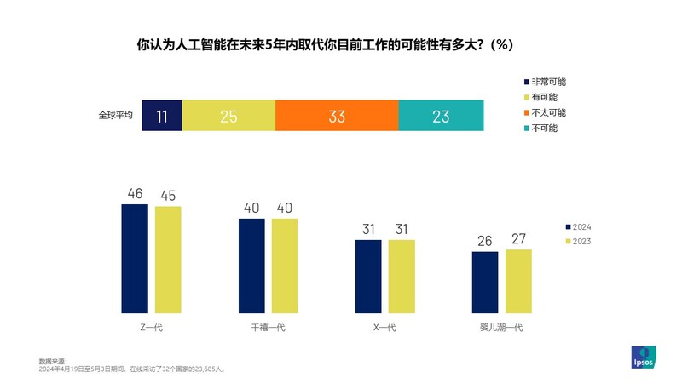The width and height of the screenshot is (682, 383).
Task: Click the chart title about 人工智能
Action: tap(325, 44)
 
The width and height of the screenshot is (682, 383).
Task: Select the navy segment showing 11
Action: tap(162, 116)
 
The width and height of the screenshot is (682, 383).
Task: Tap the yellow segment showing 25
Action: tap(228, 116)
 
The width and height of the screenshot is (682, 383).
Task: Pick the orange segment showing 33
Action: tap(337, 116)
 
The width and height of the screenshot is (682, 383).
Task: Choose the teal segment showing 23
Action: tap(441, 116)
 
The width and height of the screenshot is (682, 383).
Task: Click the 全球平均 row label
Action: tap(115, 116)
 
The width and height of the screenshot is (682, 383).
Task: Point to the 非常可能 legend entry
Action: tap(548, 82)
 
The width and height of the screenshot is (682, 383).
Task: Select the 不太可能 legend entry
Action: tap(548, 112)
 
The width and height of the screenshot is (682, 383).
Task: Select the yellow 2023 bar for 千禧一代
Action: tap(285, 266)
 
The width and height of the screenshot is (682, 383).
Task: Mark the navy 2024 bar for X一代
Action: tap(368, 276)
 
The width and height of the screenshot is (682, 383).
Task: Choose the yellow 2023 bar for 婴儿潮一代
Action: tap(518, 281)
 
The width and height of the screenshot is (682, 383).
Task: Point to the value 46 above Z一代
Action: tap(135, 194)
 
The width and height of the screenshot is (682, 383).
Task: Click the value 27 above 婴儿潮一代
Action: tap(518, 239)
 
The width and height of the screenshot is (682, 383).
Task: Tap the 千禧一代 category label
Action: tap(268, 328)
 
